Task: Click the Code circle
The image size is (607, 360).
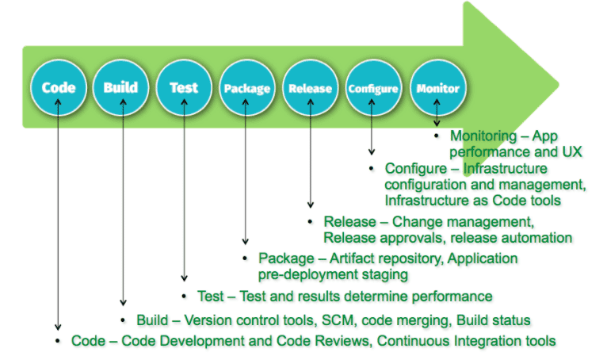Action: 59,88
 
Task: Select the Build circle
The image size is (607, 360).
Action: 120,88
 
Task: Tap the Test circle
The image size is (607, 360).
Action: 184,88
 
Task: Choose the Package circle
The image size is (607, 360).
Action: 247,88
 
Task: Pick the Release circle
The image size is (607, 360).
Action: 310,88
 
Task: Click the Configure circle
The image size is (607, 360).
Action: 373,88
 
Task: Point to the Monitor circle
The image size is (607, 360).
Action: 438,88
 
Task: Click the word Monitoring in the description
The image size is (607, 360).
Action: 483,136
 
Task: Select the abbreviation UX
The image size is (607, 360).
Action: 572,151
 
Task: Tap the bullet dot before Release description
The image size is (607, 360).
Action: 310,222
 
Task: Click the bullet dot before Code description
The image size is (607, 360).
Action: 58,341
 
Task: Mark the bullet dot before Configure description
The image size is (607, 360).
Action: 372,169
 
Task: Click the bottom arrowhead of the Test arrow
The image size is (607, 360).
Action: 185,279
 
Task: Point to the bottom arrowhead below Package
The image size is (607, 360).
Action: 246,242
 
